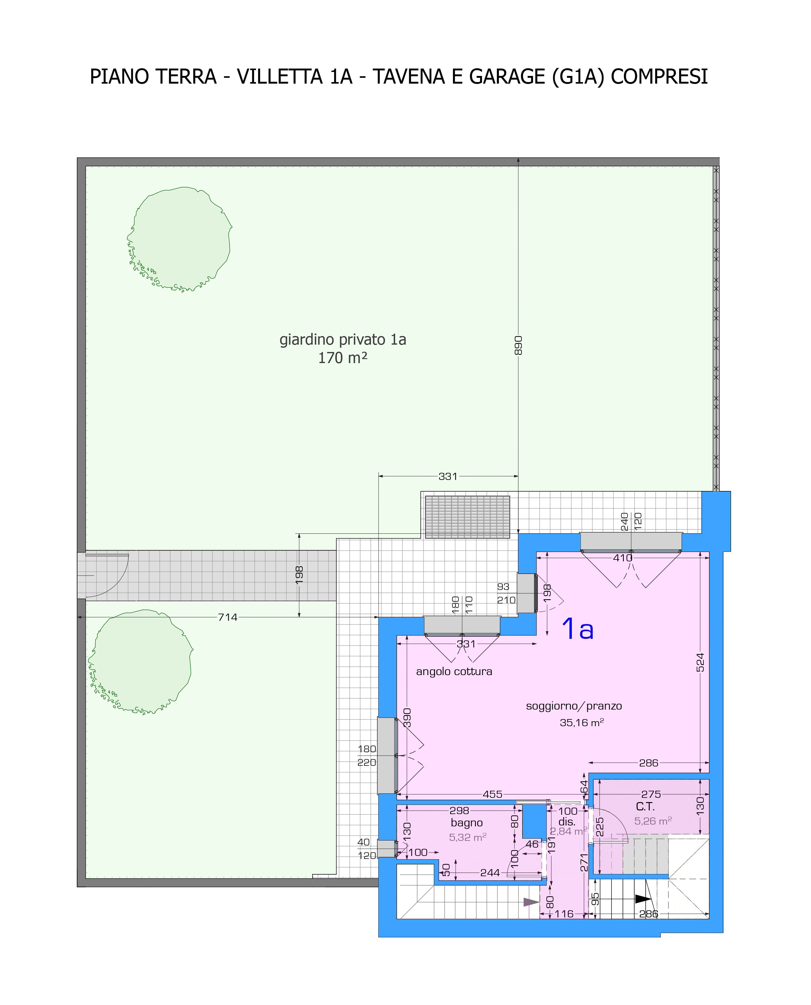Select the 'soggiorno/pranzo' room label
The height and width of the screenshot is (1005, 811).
574,706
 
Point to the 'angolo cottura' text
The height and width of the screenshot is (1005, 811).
454,671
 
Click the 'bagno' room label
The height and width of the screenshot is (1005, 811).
467,823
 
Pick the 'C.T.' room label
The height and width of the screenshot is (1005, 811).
645,806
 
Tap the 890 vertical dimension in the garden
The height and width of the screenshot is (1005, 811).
518,345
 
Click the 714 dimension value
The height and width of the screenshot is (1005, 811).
227,617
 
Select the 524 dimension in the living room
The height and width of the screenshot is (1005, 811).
700,662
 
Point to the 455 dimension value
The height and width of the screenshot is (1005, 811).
492,794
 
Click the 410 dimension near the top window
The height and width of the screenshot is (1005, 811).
623,558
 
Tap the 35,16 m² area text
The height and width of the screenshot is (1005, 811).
582,723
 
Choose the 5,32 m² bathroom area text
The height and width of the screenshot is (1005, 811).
468,837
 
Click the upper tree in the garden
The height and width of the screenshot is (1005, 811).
180,239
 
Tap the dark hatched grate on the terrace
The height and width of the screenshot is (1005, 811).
467,517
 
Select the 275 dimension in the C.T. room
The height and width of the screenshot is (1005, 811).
651,794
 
